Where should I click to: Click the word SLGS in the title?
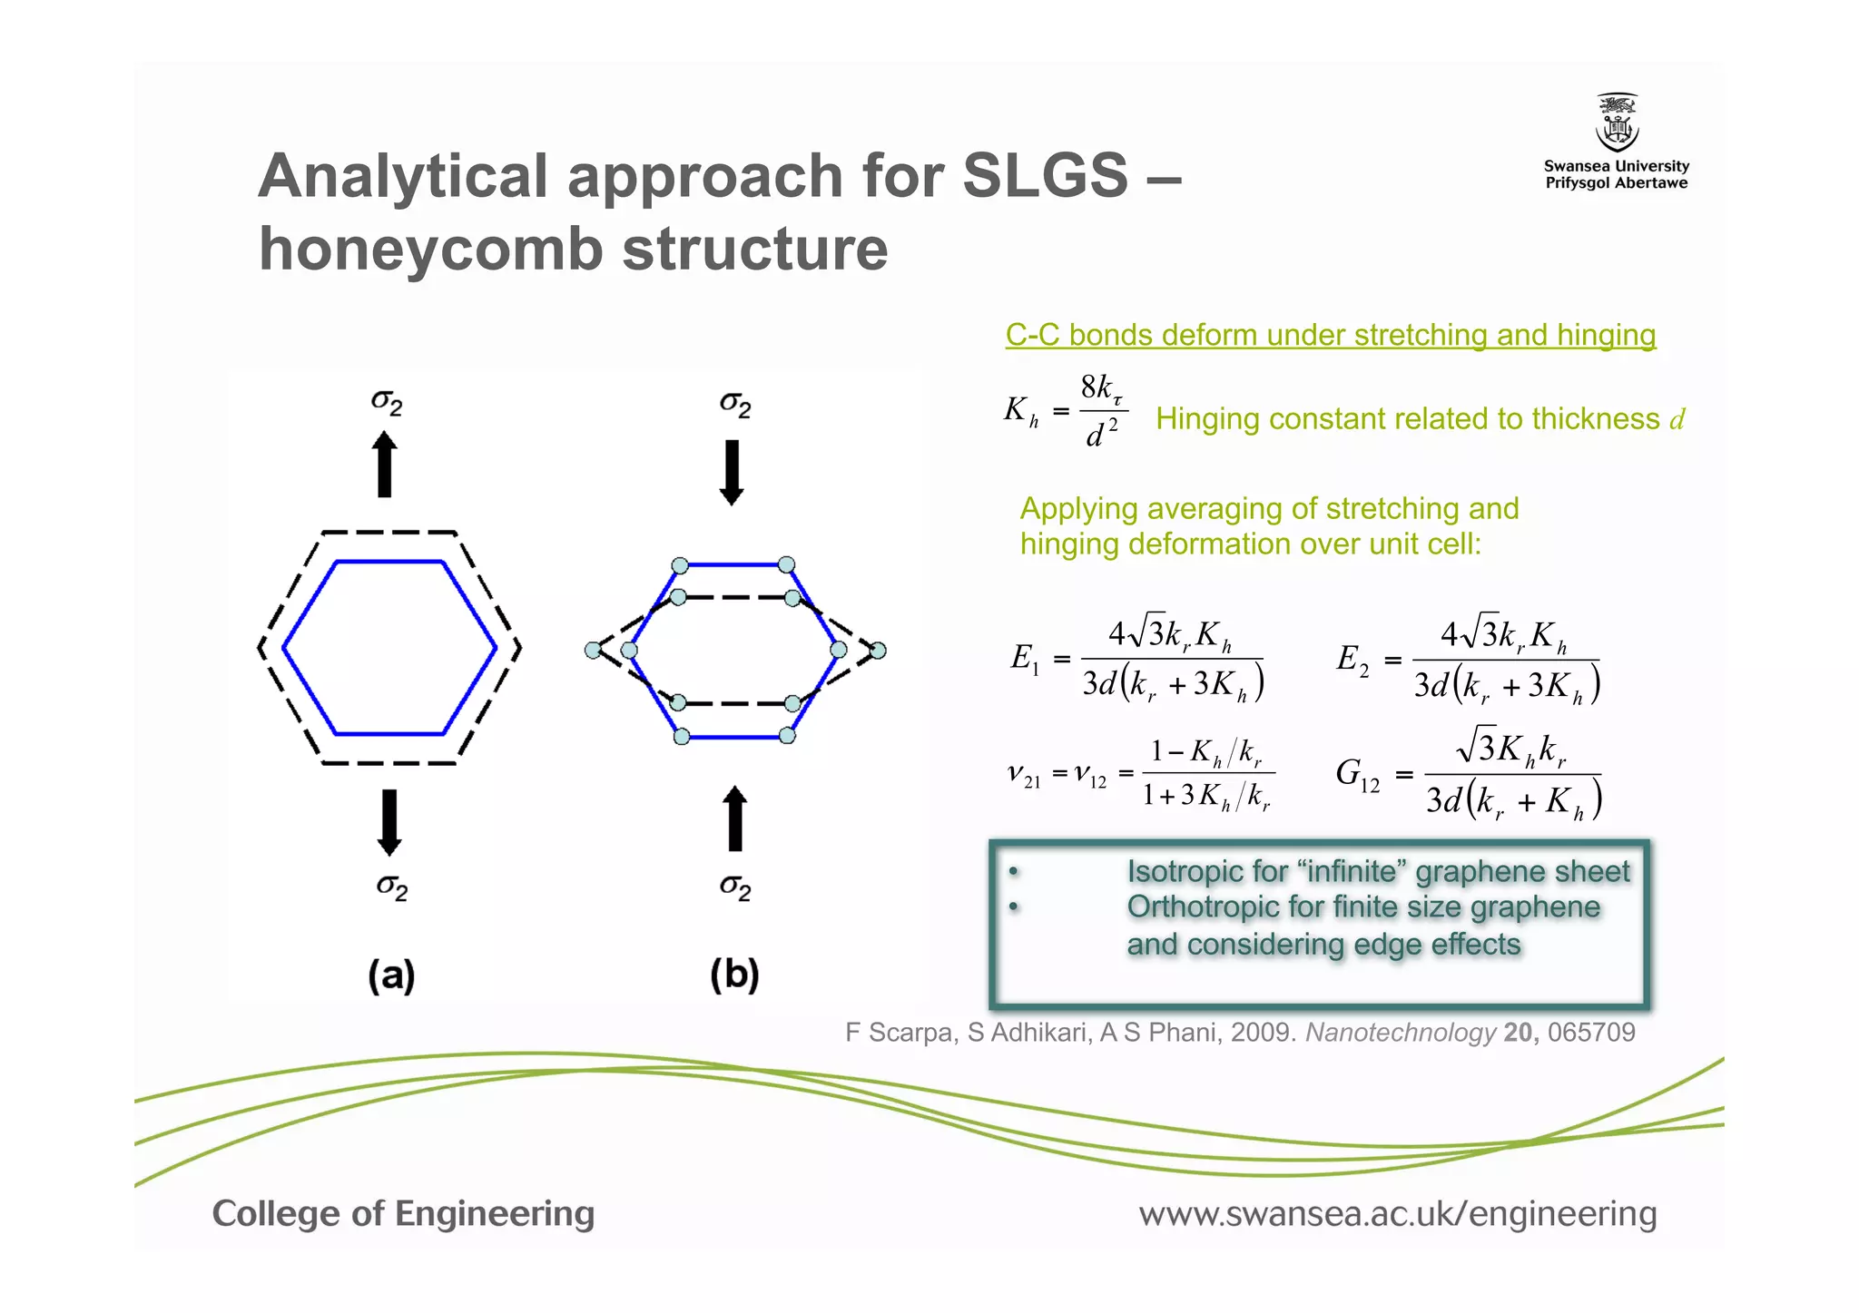tap(1045, 175)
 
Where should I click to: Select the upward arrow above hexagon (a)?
tap(385, 464)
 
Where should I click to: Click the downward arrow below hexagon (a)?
tap(389, 822)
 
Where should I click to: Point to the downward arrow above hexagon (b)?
tap(732, 472)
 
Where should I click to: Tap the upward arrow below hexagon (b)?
tap(735, 818)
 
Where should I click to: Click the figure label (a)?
tap(391, 975)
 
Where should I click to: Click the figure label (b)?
tap(734, 975)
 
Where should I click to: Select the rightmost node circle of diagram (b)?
tap(878, 651)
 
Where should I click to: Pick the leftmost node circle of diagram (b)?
tap(593, 650)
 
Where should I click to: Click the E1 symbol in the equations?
tap(1025, 659)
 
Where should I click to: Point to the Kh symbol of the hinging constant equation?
tap(1020, 411)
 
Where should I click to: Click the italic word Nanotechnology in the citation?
tap(1400, 1033)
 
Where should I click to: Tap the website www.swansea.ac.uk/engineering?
tap(1397, 1214)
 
